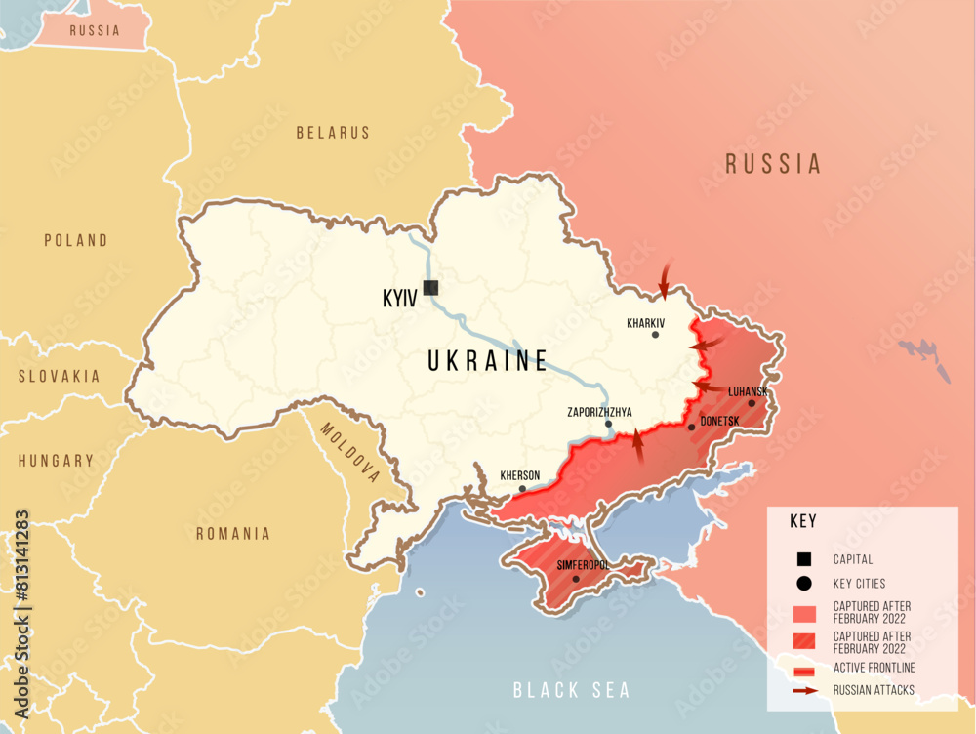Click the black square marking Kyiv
click(430, 287)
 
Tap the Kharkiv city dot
click(655, 335)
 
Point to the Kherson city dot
click(522, 489)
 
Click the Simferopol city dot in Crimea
click(576, 579)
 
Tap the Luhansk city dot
click(752, 403)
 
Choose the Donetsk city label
click(720, 421)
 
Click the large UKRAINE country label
click(488, 361)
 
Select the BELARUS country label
click(333, 133)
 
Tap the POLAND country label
click(76, 240)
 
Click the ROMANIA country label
click(233, 534)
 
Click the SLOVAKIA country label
click(60, 376)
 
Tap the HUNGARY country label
click(56, 461)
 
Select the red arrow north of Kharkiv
click(665, 279)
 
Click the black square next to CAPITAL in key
click(804, 559)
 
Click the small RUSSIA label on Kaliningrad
click(95, 30)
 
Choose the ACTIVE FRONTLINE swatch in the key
click(804, 669)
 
